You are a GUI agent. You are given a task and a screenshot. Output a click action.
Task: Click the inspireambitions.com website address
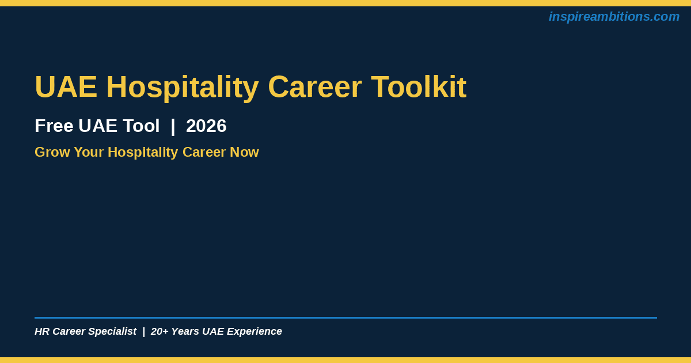[x=614, y=17]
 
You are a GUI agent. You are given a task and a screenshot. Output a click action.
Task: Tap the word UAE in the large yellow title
[x=66, y=87]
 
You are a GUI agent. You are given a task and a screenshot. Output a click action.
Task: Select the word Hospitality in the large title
[x=183, y=88]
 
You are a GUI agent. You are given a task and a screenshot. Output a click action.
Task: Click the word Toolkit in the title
[x=419, y=87]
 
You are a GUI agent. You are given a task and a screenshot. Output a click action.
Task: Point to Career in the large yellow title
[x=314, y=88]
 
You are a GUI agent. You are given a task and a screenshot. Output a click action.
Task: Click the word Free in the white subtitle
[x=54, y=126]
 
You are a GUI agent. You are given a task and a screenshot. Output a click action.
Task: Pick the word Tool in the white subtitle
[x=141, y=126]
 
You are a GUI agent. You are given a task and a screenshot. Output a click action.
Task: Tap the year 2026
[x=206, y=126]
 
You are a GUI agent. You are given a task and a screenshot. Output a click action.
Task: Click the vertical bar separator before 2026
[x=173, y=127]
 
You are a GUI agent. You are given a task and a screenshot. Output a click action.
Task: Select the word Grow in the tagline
[x=52, y=152]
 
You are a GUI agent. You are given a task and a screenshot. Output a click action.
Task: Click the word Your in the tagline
[x=89, y=152]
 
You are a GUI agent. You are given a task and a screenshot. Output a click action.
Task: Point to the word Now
[x=244, y=152]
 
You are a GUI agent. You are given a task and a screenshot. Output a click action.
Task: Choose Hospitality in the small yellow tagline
[x=143, y=153]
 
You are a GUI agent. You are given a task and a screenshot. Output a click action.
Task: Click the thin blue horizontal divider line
[x=346, y=317]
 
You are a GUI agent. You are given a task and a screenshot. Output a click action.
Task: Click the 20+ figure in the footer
[x=160, y=331]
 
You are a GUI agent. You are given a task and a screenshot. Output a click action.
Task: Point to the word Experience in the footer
[x=255, y=332]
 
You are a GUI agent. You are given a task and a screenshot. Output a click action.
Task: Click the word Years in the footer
[x=185, y=331]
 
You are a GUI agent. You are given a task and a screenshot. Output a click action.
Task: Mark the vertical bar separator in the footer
[x=143, y=332]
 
